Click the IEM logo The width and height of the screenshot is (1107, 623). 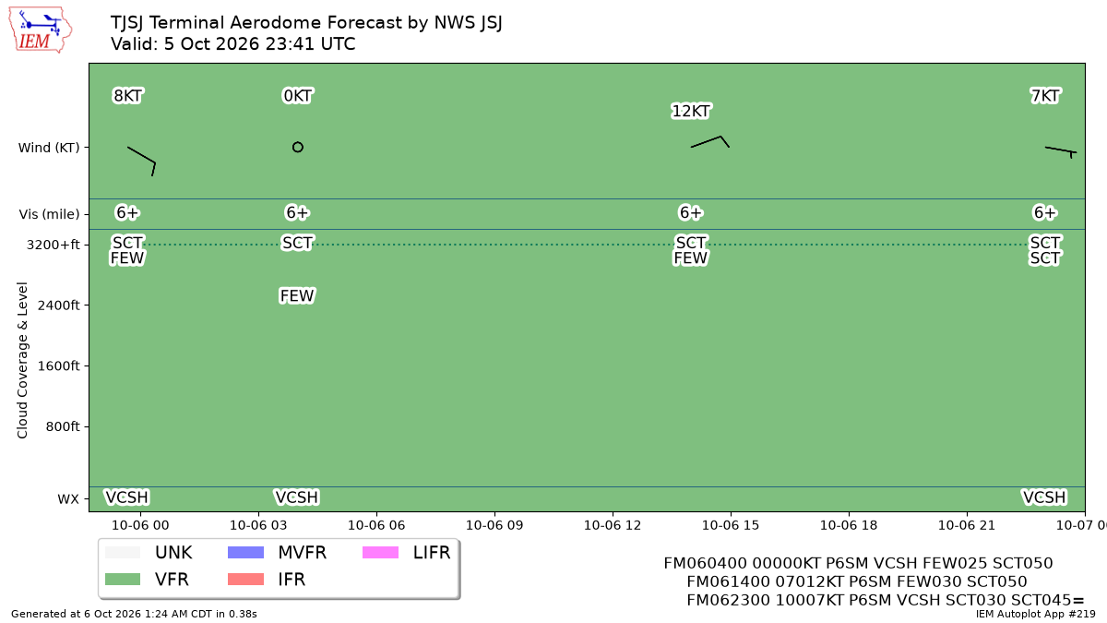(x=40, y=30)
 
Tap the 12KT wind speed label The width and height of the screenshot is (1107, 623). (x=690, y=111)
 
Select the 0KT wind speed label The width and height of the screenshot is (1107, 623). (x=297, y=95)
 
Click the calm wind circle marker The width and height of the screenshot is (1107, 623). (x=297, y=147)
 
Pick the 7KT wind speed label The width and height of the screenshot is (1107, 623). (x=1044, y=95)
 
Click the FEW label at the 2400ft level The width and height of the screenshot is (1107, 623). (x=296, y=295)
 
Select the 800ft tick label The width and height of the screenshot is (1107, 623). (x=63, y=426)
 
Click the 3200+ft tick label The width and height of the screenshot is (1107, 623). (x=53, y=245)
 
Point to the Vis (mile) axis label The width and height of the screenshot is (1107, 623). (x=49, y=214)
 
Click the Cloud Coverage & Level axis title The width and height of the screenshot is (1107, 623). (x=22, y=360)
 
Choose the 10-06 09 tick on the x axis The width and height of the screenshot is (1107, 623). (x=494, y=525)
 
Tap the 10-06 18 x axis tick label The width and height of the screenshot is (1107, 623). (x=849, y=525)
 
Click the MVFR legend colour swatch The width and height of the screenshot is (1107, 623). (x=245, y=552)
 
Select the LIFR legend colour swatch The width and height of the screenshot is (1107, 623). (x=380, y=552)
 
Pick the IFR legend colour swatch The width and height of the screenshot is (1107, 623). (x=245, y=579)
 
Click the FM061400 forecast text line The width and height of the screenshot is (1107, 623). (x=856, y=581)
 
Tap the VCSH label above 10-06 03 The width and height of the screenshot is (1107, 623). (x=296, y=497)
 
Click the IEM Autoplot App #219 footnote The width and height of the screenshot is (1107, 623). (x=1035, y=614)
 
